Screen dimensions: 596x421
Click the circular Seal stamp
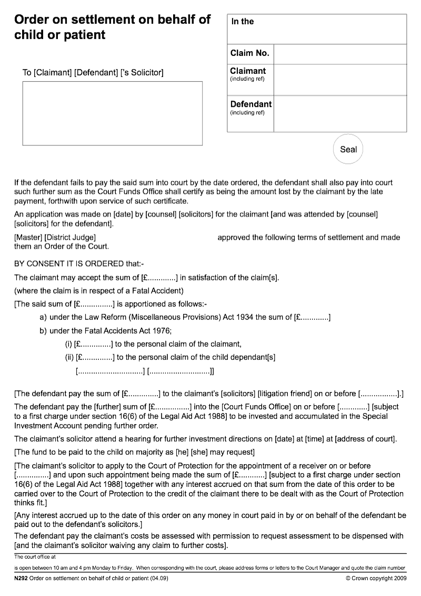point(348,149)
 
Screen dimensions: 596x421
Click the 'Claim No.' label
point(249,53)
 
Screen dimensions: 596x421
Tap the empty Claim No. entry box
point(340,54)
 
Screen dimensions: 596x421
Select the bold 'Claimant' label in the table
point(248,71)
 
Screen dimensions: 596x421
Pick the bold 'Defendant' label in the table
point(251,104)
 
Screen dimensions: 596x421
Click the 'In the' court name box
point(316,29)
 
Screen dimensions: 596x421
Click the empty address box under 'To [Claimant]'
point(112,113)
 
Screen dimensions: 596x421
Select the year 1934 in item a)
point(245,317)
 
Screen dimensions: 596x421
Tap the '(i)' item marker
point(68,344)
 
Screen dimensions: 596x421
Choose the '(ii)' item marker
point(69,357)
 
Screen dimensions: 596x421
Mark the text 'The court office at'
point(35,556)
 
